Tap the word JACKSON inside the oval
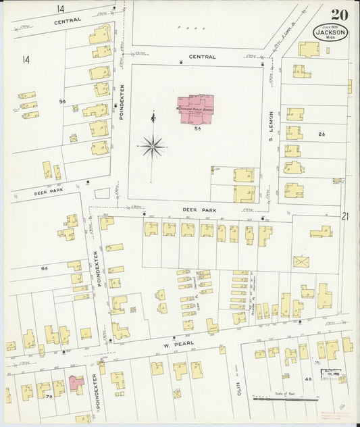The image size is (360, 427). point(330,32)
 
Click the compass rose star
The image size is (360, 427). point(153,145)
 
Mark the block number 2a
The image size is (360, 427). point(322,134)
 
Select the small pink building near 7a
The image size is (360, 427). point(76,385)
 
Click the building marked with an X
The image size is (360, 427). point(301,261)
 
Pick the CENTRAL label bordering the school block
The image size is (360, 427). point(202,57)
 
